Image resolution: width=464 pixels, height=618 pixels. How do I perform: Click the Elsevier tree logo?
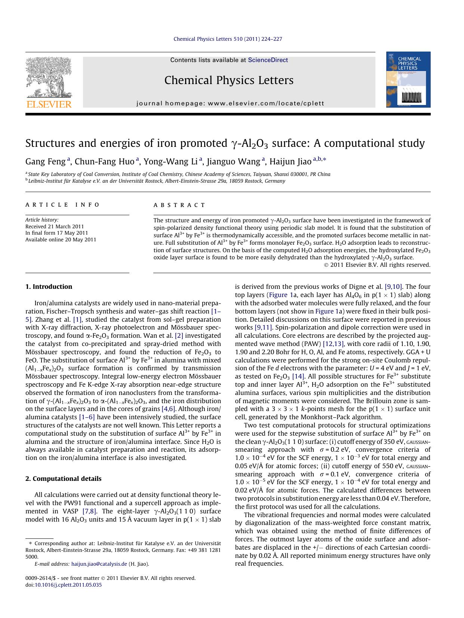(49, 77)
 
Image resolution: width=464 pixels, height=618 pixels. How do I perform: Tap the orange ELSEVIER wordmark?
(49, 104)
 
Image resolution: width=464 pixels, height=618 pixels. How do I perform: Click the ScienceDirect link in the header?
(268, 60)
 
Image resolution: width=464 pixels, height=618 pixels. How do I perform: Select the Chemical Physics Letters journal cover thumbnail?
(408, 80)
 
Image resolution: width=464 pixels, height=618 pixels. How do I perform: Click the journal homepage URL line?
(230, 103)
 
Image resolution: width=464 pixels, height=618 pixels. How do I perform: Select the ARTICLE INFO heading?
(62, 205)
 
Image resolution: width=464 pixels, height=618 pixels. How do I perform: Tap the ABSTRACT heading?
(179, 205)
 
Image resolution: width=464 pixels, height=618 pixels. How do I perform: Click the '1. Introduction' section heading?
(49, 287)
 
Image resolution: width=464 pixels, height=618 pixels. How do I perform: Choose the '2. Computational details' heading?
(63, 479)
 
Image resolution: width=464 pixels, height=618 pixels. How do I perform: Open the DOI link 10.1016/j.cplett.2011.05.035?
(68, 585)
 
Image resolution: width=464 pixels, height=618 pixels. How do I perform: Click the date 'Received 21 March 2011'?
(55, 226)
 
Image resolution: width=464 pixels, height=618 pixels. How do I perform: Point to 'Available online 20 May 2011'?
(61, 240)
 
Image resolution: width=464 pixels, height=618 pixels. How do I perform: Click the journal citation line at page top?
(228, 39)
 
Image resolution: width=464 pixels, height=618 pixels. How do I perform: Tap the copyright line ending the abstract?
(377, 265)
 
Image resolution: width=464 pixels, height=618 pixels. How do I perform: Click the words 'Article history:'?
(42, 220)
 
